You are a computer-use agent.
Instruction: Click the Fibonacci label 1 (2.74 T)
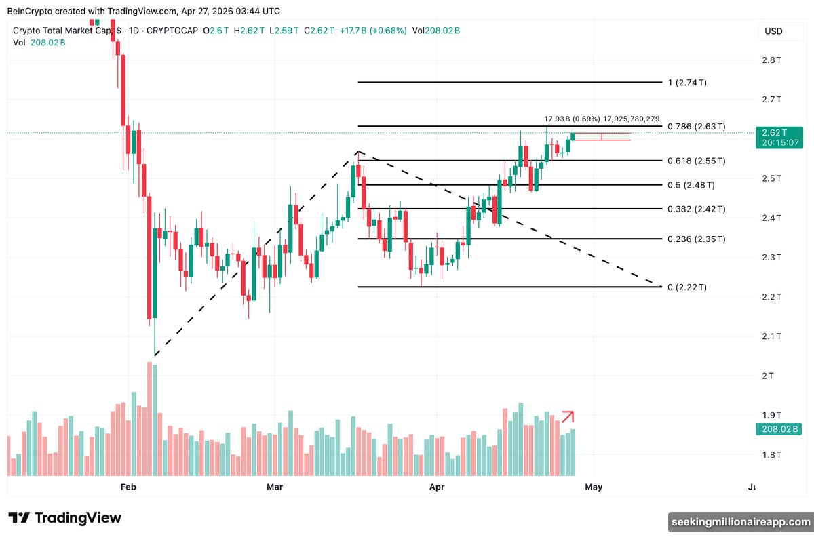[x=687, y=83]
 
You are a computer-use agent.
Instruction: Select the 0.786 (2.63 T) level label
[x=697, y=127]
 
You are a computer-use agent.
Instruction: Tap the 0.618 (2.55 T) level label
[x=697, y=161]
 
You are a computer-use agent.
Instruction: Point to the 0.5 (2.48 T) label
[x=691, y=185]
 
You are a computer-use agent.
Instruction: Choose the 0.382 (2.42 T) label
[x=697, y=209]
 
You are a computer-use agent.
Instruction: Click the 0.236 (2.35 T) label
[x=697, y=239]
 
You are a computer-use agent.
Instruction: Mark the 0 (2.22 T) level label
[x=687, y=287]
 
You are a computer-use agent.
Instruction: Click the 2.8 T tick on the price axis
[x=771, y=60]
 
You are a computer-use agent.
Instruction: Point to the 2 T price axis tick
[x=767, y=376]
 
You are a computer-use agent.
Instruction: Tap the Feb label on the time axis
[x=129, y=487]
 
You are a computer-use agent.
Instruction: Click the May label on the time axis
[x=594, y=487]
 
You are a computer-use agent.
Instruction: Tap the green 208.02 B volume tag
[x=779, y=429]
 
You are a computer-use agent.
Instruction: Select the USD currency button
[x=773, y=31]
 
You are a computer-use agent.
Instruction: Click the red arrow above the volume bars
[x=568, y=416]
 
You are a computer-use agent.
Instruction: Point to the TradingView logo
[x=65, y=518]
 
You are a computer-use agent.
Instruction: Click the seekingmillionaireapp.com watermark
[x=740, y=522]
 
